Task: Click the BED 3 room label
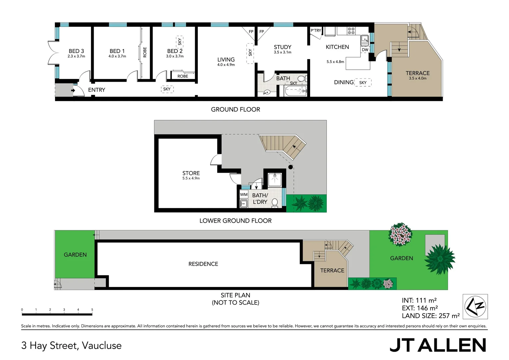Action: (76, 51)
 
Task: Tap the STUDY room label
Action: (282, 47)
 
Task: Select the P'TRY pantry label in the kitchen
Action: (316, 31)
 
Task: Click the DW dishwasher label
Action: (365, 50)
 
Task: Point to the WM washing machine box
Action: (244, 194)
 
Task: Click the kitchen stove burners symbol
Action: (351, 31)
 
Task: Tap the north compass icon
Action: (475, 307)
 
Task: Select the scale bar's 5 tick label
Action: (92, 310)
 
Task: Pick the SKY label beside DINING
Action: (363, 83)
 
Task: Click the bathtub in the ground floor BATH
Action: (295, 91)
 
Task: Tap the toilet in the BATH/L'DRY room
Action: (275, 203)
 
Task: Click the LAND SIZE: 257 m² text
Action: (431, 316)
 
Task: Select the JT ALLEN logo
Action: (437, 345)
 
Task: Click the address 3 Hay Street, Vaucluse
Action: (71, 345)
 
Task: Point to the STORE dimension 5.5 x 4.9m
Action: (191, 178)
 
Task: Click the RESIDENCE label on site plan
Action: (203, 264)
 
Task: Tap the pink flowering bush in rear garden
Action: (400, 234)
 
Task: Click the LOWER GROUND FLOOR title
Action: (235, 221)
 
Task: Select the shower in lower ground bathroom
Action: (275, 180)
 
